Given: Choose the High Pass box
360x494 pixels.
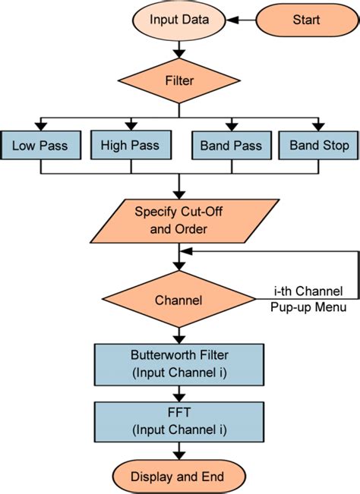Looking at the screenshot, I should [x=130, y=145].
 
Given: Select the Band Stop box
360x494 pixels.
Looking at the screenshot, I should [x=315, y=145].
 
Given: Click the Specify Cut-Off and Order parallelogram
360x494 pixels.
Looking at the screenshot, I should [x=178, y=219].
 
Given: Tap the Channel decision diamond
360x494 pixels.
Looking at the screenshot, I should [x=178, y=300].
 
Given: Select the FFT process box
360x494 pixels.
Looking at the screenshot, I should [x=178, y=420].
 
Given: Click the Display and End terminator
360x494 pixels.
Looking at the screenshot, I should [x=178, y=476].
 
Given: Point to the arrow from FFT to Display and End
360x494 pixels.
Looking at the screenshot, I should [x=178, y=450].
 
